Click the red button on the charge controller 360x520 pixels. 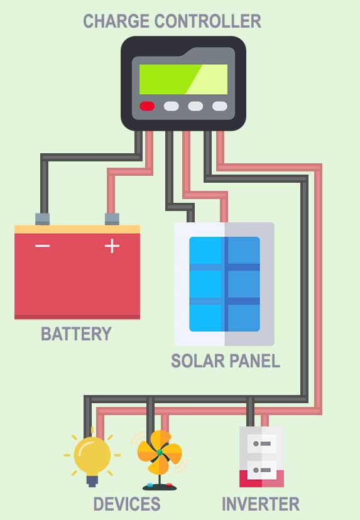point(147,106)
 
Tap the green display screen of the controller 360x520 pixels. point(183,79)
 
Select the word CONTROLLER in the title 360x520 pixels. point(208,21)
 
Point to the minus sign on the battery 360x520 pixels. point(43,246)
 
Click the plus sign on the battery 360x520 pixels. point(112,246)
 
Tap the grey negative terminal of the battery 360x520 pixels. point(43,219)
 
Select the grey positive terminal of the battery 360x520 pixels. point(112,219)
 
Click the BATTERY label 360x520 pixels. point(76,334)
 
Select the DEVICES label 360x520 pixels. point(127,504)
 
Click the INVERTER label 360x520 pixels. point(261,504)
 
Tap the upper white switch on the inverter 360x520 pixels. point(262,443)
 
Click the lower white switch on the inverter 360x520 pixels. point(262,470)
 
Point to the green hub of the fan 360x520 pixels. point(160,452)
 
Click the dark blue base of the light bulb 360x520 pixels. point(92,481)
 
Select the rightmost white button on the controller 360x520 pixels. point(220,106)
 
